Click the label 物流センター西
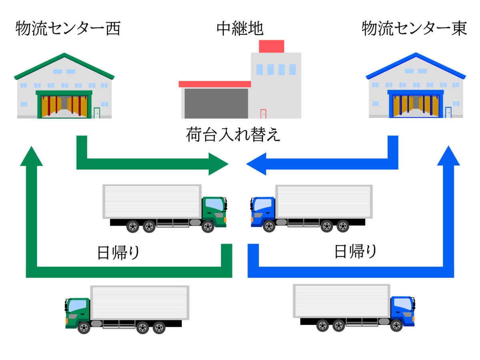pos(68,29)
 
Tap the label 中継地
pos(240,29)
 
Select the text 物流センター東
pos(414,29)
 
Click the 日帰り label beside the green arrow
pos(118,253)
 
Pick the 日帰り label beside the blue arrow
pos(355,252)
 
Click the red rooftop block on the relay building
pos(272,46)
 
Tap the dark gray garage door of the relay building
pos(216,103)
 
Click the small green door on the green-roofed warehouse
pos(97,113)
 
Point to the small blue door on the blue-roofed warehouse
pos(448,112)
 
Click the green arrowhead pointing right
pos(218,164)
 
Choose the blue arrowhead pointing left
pos(256,164)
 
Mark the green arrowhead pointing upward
pos(31,156)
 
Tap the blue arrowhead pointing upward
pos(448,156)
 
